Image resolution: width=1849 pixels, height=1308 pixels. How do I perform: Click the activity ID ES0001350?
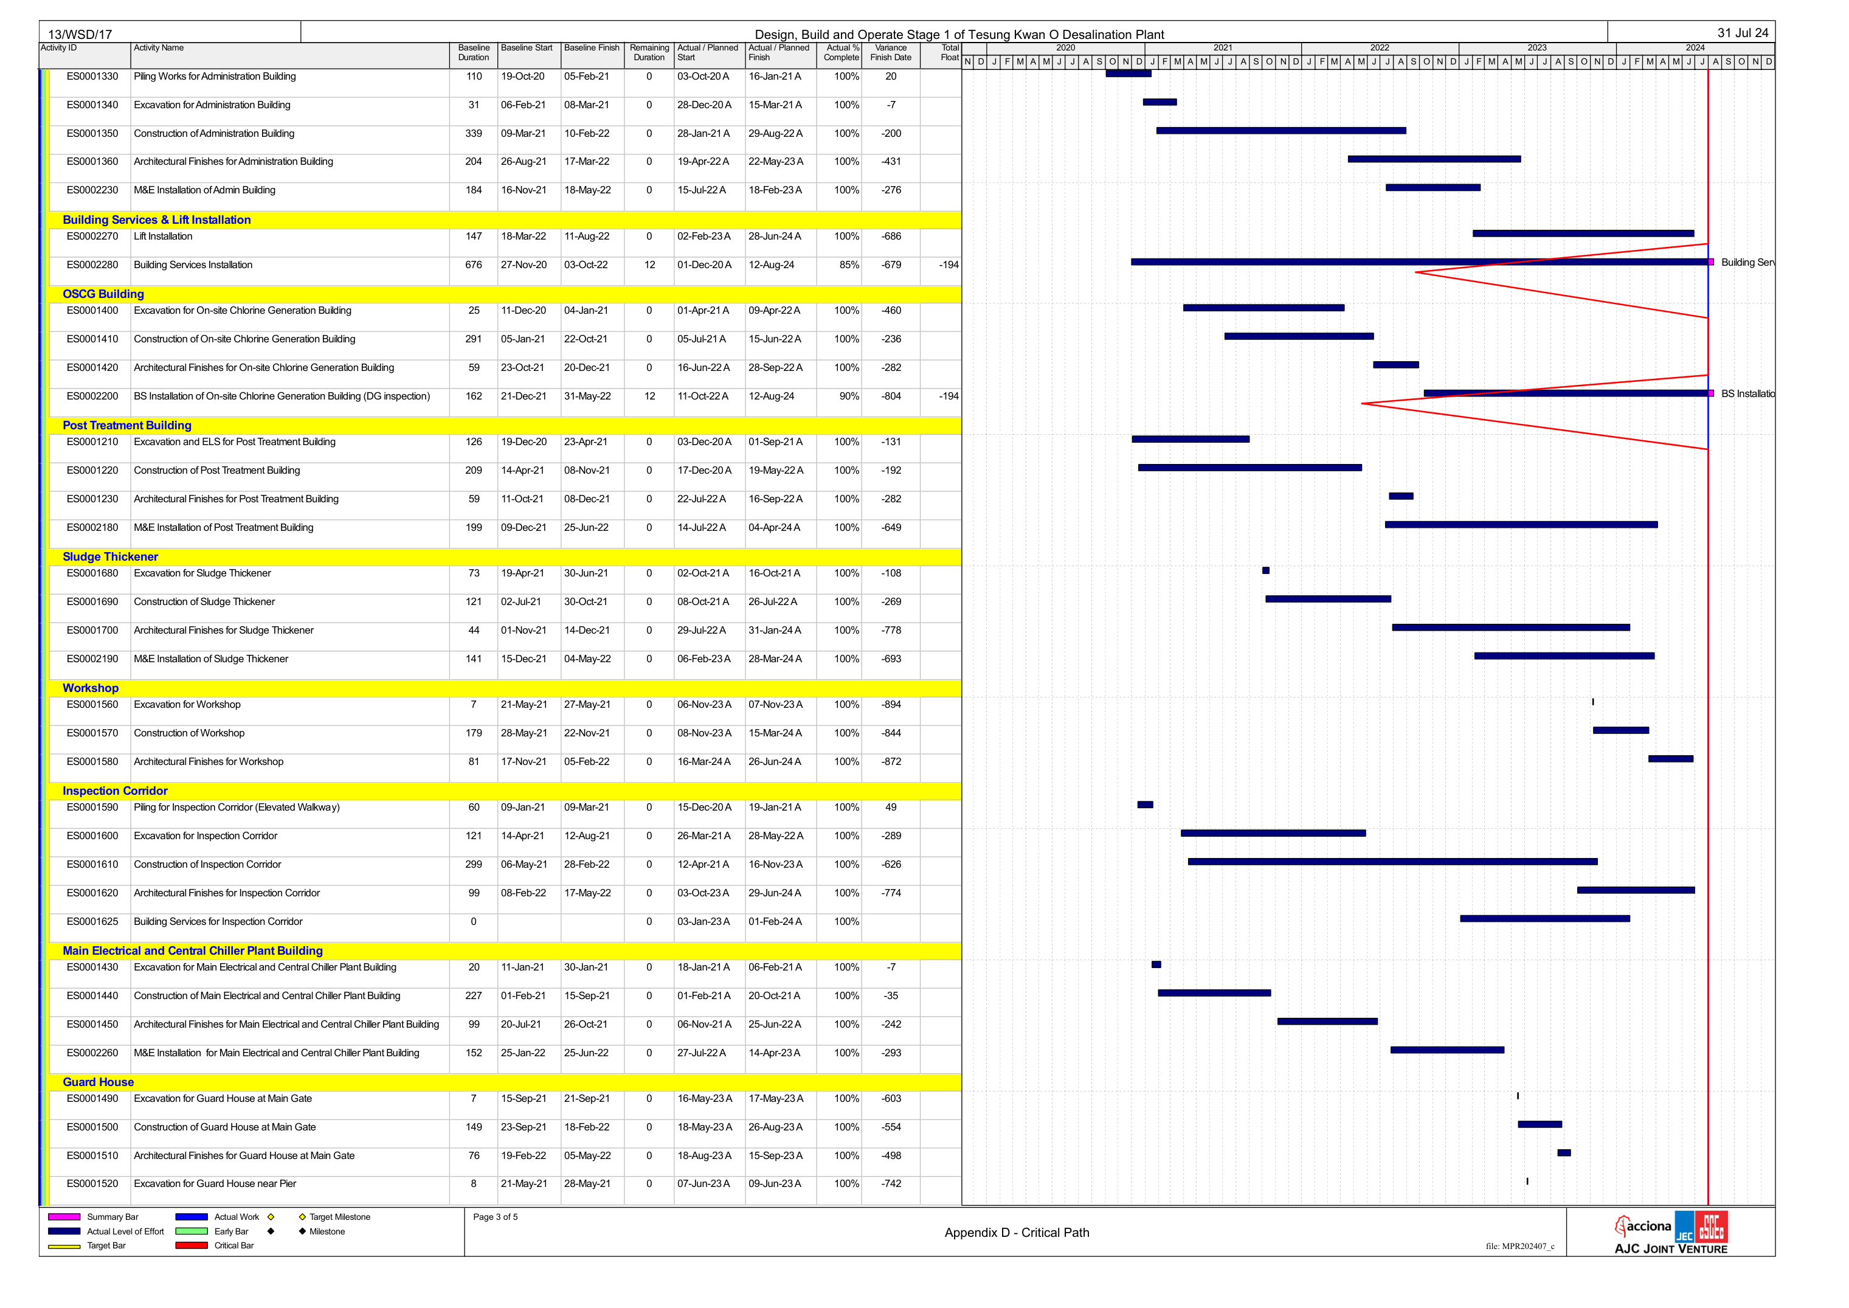pos(92,134)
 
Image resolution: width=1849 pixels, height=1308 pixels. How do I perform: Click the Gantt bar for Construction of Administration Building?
pos(1281,131)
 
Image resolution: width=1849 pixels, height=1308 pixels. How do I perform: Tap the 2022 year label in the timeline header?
pos(1380,47)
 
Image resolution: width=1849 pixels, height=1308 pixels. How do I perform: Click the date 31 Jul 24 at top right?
pos(1743,33)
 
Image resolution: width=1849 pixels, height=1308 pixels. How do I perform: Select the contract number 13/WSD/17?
pos(80,35)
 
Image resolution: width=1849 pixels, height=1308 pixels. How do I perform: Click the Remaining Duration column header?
pos(649,52)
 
